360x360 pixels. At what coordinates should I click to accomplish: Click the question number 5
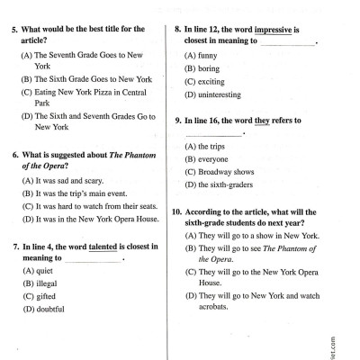[x=16, y=30]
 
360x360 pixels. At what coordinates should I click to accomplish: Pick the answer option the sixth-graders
[x=226, y=184]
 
